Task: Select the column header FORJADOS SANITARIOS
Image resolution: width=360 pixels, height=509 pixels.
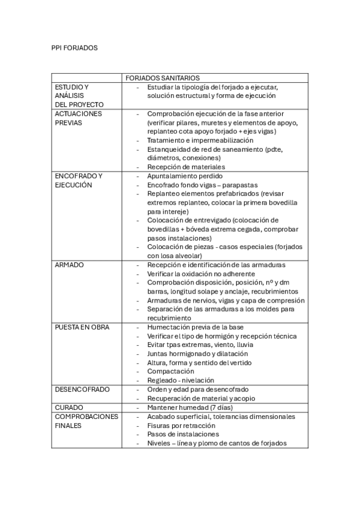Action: point(162,78)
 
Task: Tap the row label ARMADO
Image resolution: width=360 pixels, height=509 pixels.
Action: point(69,265)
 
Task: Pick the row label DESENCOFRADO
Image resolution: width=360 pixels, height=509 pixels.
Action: point(82,390)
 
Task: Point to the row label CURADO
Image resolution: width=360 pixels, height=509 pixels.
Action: point(68,408)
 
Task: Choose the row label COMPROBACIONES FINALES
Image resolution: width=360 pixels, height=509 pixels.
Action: point(86,421)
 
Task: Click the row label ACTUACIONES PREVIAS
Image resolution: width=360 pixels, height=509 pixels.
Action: point(78,118)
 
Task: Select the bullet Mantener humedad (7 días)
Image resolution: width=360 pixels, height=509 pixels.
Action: point(190,408)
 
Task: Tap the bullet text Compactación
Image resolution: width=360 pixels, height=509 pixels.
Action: point(170,372)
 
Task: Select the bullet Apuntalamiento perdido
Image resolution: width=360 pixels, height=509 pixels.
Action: point(185,176)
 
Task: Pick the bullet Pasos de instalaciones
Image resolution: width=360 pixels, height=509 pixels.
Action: point(183,434)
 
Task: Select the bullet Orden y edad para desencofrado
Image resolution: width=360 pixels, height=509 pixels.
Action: point(197,390)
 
